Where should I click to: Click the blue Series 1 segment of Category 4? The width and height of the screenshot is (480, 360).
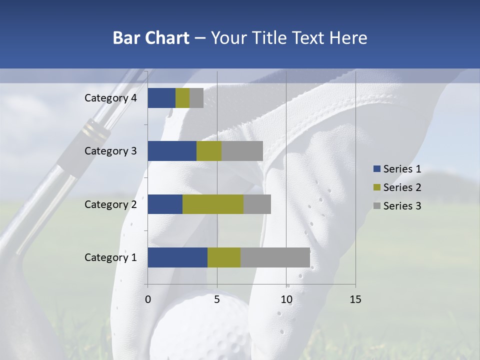[x=161, y=98]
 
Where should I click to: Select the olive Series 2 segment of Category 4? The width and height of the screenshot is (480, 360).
[x=182, y=98]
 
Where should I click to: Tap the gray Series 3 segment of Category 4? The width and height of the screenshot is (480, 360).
[x=196, y=98]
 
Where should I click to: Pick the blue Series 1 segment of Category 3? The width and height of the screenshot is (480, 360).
[x=172, y=151]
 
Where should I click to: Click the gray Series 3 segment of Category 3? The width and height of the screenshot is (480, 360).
[x=242, y=151]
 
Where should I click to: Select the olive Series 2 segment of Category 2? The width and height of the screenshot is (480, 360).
[x=213, y=204]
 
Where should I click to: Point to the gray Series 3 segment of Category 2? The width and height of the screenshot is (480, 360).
[x=257, y=204]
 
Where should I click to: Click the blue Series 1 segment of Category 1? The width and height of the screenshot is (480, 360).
[x=177, y=257]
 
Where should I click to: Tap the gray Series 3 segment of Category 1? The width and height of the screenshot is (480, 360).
[x=275, y=257]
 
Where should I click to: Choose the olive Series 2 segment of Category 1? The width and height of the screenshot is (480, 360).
[x=224, y=257]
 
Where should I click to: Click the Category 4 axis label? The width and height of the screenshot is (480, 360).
[x=110, y=98]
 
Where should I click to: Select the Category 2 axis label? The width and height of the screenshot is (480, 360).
[x=110, y=204]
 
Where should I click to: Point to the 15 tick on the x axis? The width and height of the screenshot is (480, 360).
[x=355, y=299]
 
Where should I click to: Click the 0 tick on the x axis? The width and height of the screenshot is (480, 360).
[x=148, y=299]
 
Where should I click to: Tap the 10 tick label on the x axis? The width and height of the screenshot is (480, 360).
[x=286, y=299]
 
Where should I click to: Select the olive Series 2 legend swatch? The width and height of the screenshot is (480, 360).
[x=376, y=187]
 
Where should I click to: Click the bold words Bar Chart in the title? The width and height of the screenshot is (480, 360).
[x=150, y=38]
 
